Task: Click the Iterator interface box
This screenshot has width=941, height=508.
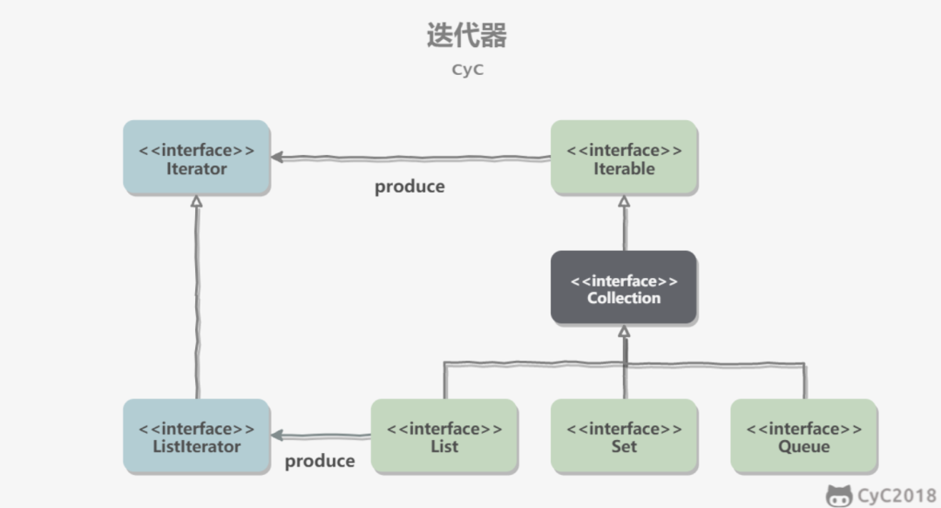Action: [196, 158]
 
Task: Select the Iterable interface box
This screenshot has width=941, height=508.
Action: [624, 158]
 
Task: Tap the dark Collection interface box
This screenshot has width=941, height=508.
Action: [624, 288]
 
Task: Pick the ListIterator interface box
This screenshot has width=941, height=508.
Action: [196, 437]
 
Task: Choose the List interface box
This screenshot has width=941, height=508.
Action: [444, 437]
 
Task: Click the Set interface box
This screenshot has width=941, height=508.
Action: [624, 437]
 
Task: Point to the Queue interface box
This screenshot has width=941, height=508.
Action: [803, 437]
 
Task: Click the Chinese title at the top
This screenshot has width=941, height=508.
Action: [466, 36]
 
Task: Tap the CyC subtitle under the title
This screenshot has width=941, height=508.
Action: [467, 70]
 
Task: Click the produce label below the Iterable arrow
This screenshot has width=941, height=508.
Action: [410, 186]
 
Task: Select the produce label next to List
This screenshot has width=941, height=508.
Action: [320, 461]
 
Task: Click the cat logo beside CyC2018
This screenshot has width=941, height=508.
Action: [839, 496]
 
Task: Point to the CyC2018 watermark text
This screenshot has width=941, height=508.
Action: [897, 496]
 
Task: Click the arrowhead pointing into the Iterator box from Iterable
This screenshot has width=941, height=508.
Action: [277, 158]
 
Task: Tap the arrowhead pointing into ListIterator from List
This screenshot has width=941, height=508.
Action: [277, 435]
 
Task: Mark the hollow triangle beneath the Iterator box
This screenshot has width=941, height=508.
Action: [197, 202]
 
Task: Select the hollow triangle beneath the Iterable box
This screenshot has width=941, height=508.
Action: [624, 201]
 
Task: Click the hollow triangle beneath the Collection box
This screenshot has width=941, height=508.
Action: [624, 332]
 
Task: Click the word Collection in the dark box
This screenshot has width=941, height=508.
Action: [624, 298]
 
